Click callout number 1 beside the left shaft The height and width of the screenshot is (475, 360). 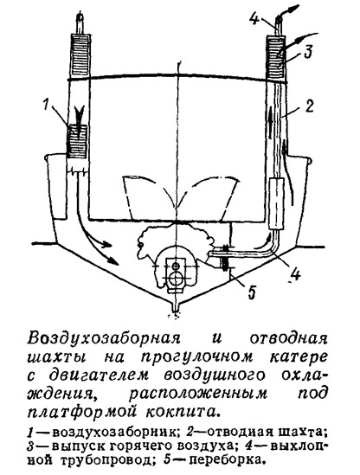[46, 106]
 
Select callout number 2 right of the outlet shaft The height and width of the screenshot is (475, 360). [308, 107]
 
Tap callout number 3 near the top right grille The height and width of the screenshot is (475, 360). [306, 52]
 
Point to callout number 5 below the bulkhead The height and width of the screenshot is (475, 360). [252, 292]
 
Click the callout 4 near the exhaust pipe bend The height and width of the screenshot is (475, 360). [294, 275]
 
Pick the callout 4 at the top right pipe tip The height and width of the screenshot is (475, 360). [254, 18]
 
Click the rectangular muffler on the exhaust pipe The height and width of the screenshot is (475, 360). [276, 203]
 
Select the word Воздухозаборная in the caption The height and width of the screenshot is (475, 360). [102, 338]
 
